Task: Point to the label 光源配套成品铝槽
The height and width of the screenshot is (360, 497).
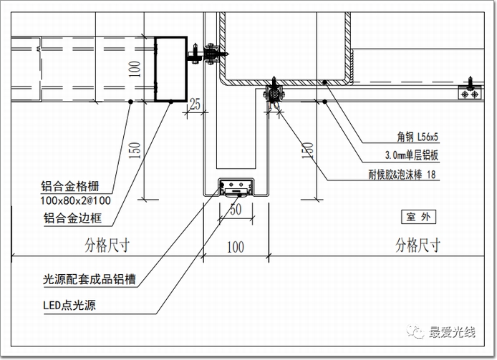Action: click(89, 279)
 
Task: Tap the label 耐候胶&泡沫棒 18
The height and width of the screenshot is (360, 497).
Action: click(395, 175)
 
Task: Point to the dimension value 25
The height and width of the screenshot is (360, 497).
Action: click(195, 105)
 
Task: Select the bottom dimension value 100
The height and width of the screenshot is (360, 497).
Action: click(236, 248)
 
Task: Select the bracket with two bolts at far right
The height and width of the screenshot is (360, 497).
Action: click(470, 92)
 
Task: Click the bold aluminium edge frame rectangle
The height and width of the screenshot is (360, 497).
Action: click(171, 69)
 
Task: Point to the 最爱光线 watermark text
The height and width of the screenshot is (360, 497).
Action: click(452, 331)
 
